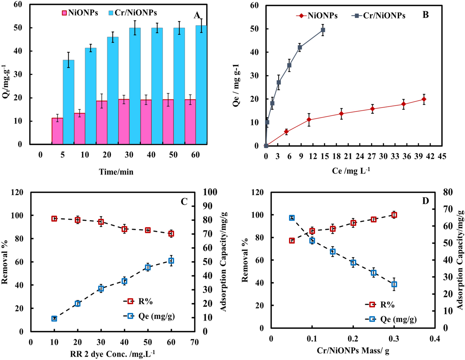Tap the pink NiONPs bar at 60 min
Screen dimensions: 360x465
[x=190, y=122]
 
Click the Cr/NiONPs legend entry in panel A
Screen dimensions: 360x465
[x=133, y=13]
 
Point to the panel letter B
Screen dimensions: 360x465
[x=425, y=15]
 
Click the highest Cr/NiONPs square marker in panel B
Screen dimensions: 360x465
[x=323, y=30]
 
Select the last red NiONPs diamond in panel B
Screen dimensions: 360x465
[x=424, y=99]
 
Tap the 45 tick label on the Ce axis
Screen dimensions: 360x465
[x=441, y=156]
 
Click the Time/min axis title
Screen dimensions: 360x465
[x=116, y=172]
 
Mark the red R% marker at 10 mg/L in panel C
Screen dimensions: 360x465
[x=54, y=219]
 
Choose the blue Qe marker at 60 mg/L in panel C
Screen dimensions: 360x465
[x=171, y=261]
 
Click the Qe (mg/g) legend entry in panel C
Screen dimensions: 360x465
[x=150, y=316]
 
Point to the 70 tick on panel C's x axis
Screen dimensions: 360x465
[x=194, y=342]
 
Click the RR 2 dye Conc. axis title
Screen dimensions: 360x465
[x=112, y=354]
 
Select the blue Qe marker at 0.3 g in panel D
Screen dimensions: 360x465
[x=394, y=284]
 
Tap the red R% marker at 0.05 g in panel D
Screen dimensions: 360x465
[x=292, y=241]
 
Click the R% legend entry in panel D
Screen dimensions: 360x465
[x=380, y=305]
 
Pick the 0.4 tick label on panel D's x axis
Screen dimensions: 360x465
[x=435, y=339]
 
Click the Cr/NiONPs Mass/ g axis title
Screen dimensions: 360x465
[x=353, y=351]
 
